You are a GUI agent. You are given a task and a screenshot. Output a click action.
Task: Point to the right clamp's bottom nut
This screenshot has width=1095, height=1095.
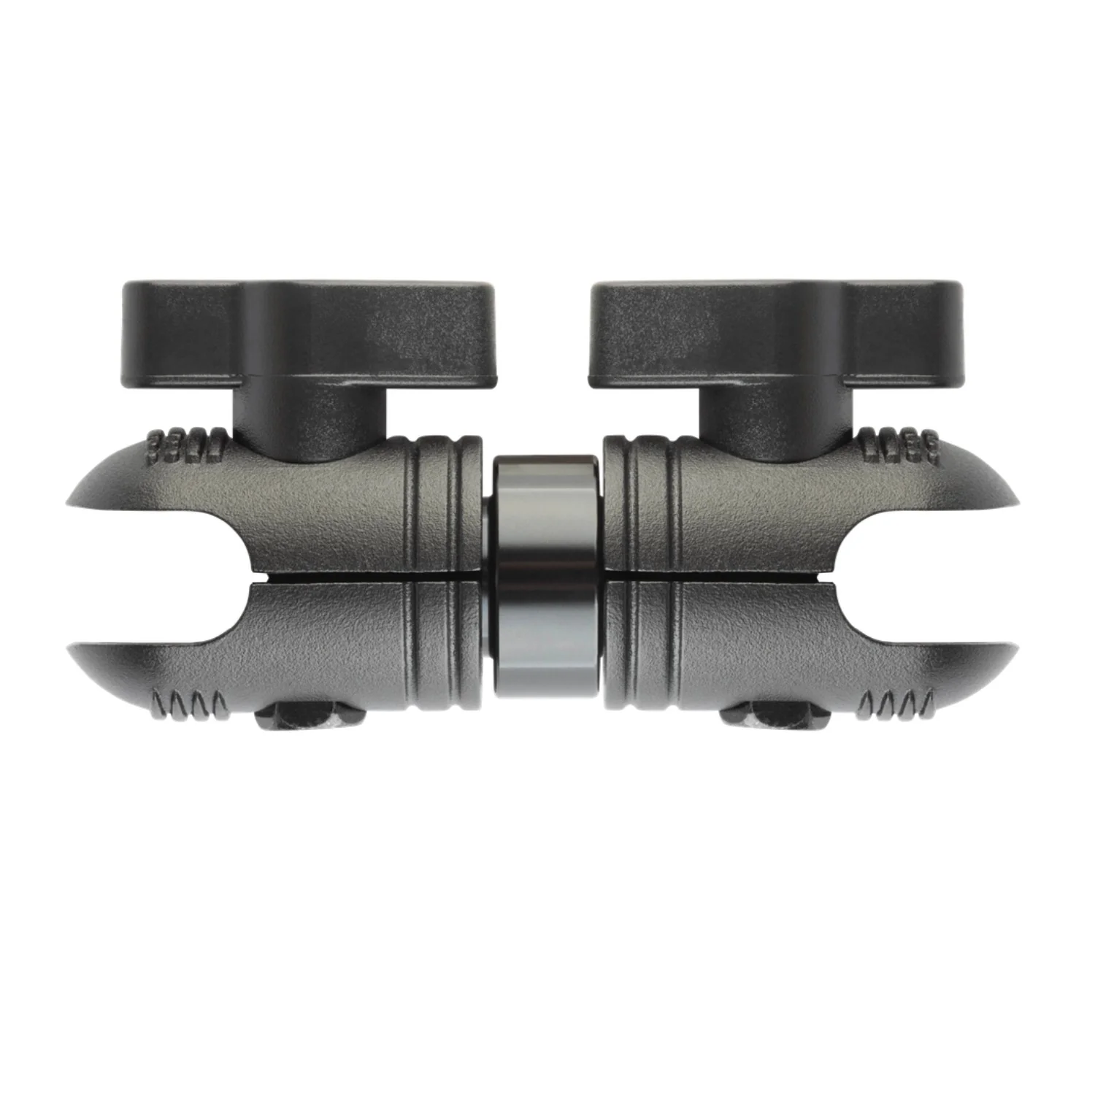click(x=766, y=719)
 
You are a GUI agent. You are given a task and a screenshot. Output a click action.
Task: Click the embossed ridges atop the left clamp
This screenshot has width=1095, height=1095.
click(x=187, y=444)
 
